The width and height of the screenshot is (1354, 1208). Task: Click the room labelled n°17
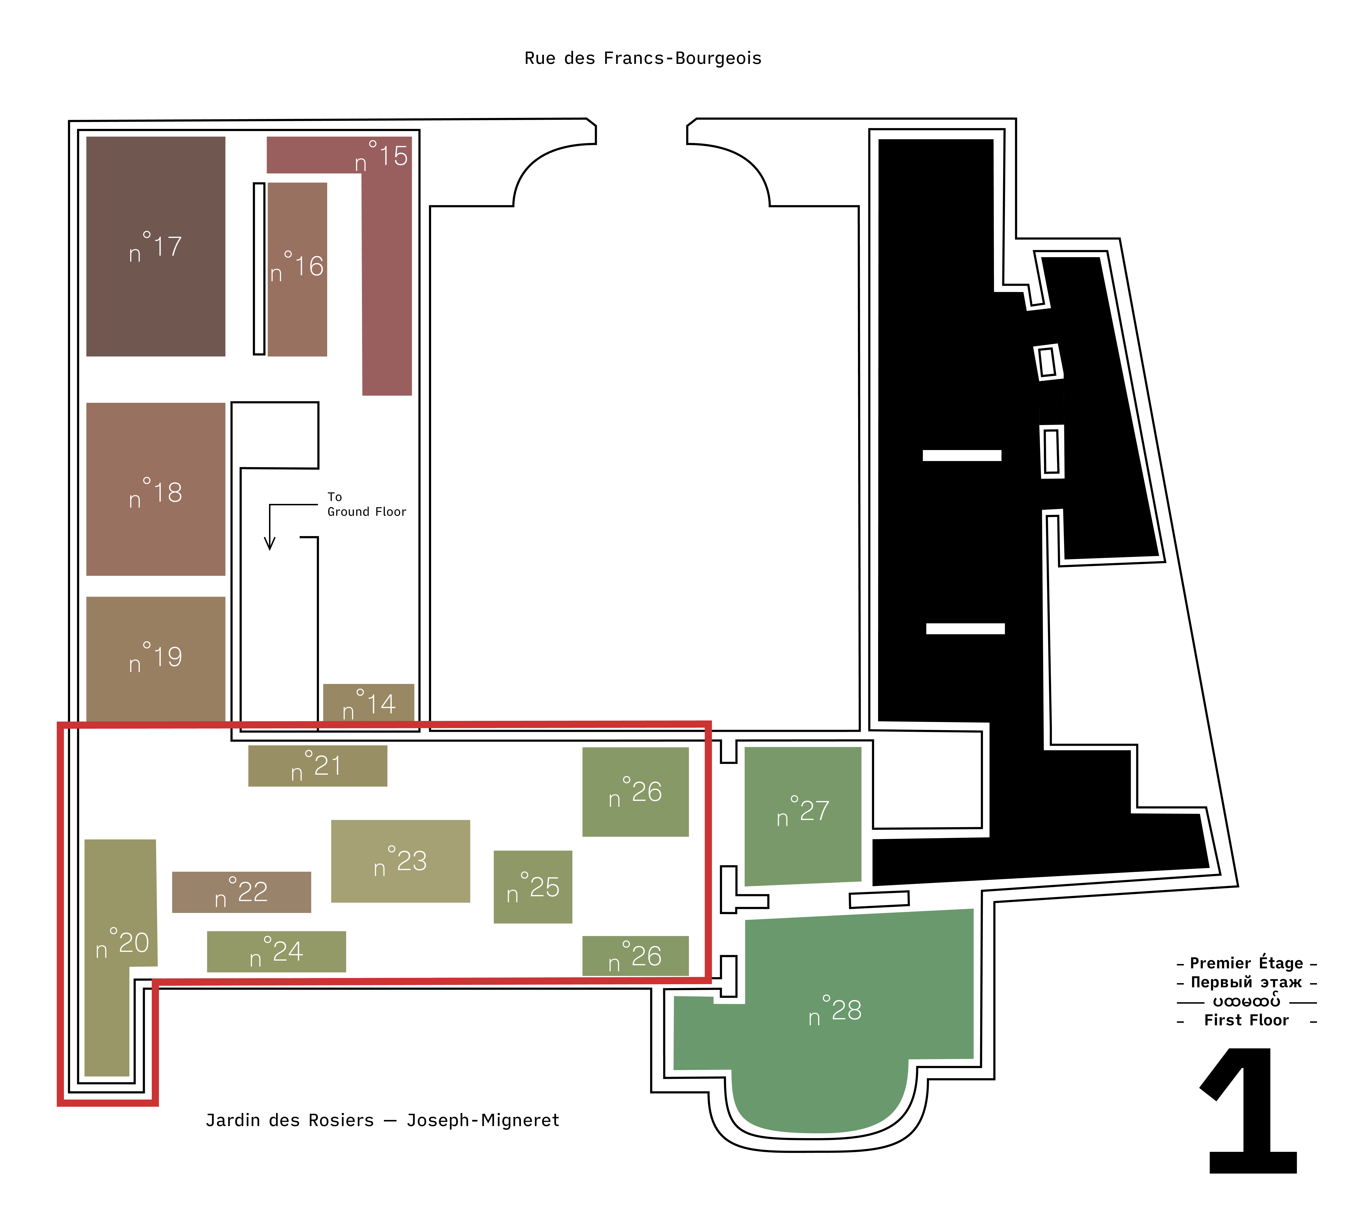[x=156, y=246]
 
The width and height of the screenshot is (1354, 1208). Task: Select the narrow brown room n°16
[x=297, y=269]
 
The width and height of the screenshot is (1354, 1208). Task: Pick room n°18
[x=156, y=489]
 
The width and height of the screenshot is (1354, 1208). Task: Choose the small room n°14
[x=369, y=704]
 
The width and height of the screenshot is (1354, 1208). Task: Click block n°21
[x=318, y=766]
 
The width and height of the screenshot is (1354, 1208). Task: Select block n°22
[x=241, y=892]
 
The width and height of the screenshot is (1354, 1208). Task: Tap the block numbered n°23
[x=401, y=861]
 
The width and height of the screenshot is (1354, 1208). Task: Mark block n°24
[x=277, y=952]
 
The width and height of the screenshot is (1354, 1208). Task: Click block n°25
[x=533, y=887]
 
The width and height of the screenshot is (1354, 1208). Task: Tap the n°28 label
[x=835, y=1010]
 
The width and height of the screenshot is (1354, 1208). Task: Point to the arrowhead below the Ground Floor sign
[x=269, y=543]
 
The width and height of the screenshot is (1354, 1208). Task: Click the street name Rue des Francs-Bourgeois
[x=643, y=58]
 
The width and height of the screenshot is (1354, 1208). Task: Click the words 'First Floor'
[x=1247, y=1020]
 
